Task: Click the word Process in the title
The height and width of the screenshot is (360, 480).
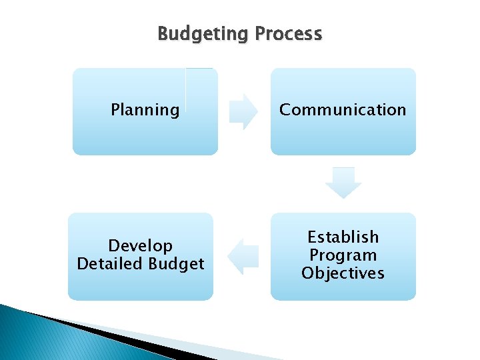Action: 288,34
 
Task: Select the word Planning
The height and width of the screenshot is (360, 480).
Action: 145,110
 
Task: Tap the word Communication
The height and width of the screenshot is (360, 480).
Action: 343,110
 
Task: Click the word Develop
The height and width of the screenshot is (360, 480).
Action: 140,246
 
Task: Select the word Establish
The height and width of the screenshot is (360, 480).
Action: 343,237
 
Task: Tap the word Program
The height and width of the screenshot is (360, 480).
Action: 343,255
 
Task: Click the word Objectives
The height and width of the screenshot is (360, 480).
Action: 343,273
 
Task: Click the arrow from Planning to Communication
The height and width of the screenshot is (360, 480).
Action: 243,111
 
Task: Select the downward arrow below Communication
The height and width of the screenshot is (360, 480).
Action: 343,183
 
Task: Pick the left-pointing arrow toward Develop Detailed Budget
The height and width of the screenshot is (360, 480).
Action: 243,256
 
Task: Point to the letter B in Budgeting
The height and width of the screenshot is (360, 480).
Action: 163,33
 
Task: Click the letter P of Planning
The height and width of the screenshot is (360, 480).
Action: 115,110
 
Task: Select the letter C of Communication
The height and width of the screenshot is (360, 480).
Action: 285,110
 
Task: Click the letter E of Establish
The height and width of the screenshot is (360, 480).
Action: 311,237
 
